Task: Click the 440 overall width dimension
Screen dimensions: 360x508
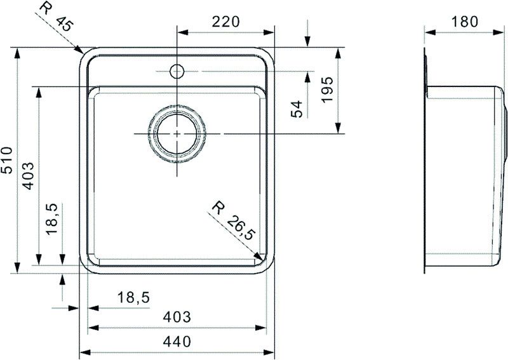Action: [178, 342]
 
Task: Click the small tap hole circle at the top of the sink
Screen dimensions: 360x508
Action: [177, 70]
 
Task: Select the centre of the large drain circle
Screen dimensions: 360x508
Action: [177, 134]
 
